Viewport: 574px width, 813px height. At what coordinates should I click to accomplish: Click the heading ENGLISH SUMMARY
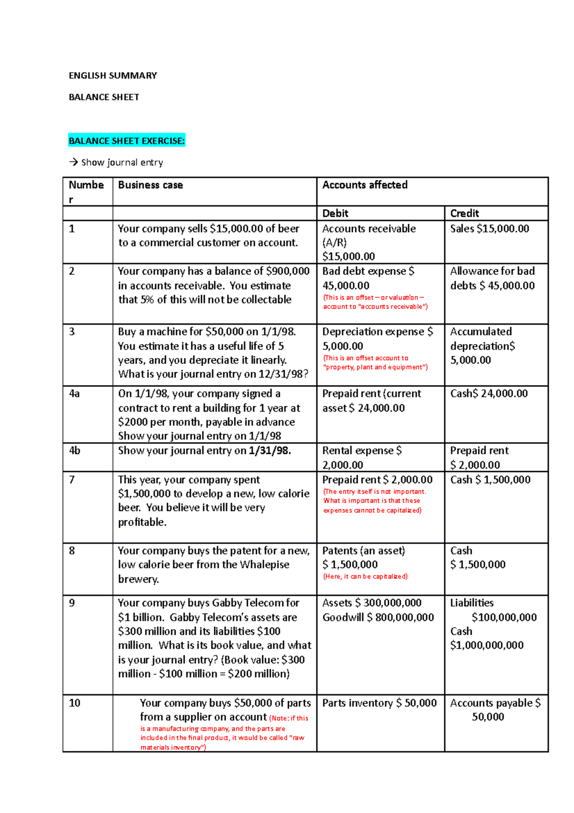point(113,76)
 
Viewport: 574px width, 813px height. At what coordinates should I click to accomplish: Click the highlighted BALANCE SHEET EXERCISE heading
point(127,141)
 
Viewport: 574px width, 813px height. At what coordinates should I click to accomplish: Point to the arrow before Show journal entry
point(73,162)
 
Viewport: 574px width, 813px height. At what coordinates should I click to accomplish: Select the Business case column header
point(150,185)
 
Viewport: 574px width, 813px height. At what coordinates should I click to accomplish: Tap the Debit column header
point(335,214)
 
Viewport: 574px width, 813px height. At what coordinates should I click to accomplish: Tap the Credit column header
point(464,214)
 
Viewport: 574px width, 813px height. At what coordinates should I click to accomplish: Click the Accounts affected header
point(364,185)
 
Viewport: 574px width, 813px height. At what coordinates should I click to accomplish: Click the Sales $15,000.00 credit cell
point(489,229)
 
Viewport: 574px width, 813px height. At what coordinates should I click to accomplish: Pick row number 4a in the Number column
point(74,394)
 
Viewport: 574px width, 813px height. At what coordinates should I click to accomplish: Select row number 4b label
point(75,451)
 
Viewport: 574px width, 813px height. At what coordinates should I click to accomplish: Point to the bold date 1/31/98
point(270,451)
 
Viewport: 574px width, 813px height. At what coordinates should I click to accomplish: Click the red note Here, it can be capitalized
point(365,576)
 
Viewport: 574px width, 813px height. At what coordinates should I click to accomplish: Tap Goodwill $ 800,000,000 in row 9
point(378,618)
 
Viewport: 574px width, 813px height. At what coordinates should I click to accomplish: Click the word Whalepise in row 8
point(265,565)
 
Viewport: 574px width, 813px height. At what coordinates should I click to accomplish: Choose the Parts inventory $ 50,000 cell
point(379,703)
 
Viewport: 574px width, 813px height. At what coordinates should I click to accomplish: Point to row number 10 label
point(75,703)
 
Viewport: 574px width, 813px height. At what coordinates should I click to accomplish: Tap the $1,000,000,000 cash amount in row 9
point(486,645)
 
